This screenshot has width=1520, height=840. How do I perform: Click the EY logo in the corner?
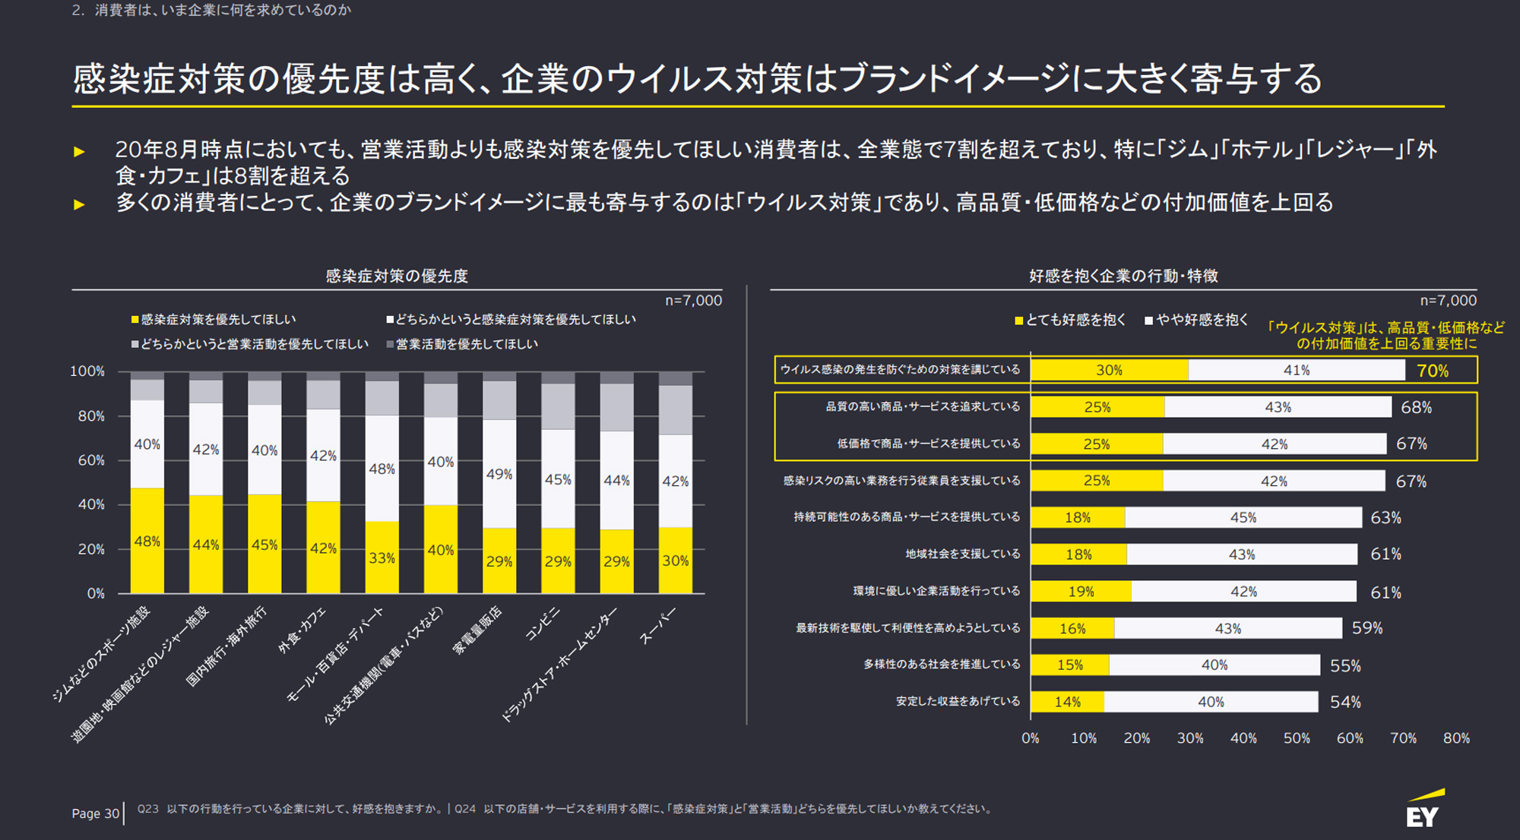click(1423, 810)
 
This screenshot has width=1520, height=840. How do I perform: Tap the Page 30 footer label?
click(95, 813)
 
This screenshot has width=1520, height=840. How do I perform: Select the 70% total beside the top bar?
click(1433, 371)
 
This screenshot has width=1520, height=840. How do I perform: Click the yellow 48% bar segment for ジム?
click(147, 541)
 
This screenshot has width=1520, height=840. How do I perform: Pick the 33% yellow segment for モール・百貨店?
click(382, 557)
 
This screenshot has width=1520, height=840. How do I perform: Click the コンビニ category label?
click(543, 624)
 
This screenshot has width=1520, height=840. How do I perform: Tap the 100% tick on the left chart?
click(87, 371)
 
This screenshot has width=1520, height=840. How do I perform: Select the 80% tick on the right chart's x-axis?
click(1456, 738)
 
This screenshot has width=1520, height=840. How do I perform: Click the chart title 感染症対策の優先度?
click(397, 276)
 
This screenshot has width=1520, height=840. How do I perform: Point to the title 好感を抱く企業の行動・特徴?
click(1123, 276)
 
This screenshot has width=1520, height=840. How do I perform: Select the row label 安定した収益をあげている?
click(958, 701)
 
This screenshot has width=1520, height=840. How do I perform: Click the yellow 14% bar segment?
click(1067, 702)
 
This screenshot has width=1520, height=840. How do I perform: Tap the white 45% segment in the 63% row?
click(1243, 518)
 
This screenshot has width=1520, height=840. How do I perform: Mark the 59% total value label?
click(1367, 628)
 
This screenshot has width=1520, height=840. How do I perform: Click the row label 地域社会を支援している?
click(962, 554)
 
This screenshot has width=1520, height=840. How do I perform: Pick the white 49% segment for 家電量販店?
click(499, 474)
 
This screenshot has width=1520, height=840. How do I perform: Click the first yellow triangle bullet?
click(79, 152)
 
